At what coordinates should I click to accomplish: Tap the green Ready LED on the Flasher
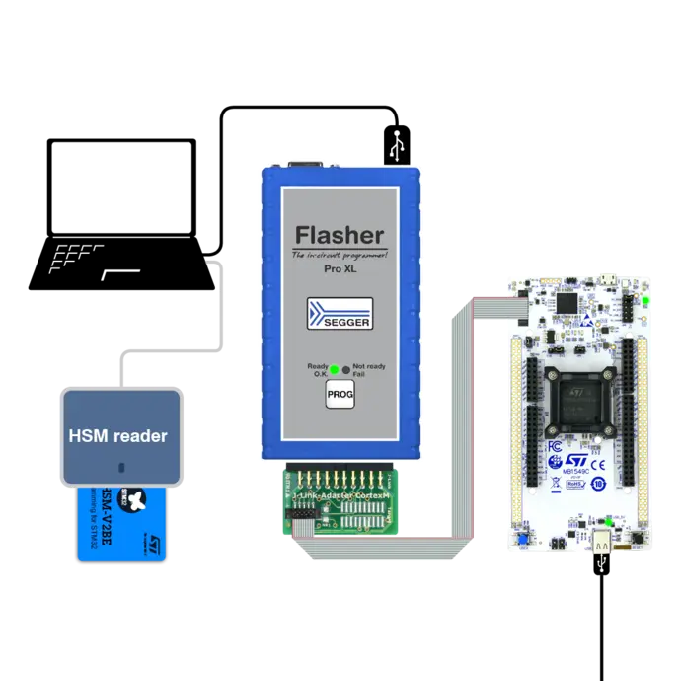click(x=335, y=370)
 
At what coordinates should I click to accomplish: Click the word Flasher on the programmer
click(x=340, y=235)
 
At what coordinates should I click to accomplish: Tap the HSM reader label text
click(x=117, y=435)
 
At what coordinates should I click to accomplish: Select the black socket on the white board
click(x=575, y=400)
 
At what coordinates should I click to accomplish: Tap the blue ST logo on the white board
click(x=578, y=461)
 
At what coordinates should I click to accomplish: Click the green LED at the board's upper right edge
click(x=647, y=300)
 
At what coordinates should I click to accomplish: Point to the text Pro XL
click(x=340, y=268)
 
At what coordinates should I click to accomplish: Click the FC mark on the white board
click(x=555, y=446)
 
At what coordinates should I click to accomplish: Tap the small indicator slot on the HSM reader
click(x=120, y=468)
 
